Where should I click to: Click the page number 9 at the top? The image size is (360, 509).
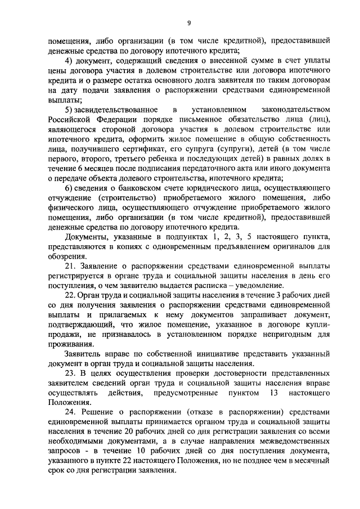tap(189, 22)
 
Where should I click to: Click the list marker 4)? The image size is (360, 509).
tap(70, 61)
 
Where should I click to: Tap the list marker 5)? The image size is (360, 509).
tap(69, 109)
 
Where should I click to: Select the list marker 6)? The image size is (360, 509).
tap(70, 187)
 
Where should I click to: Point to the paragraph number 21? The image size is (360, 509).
tap(70, 265)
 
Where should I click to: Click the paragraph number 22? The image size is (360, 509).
tap(70, 294)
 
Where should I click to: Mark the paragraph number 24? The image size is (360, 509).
tap(70, 412)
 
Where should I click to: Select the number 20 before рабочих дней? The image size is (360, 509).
tap(132, 431)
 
